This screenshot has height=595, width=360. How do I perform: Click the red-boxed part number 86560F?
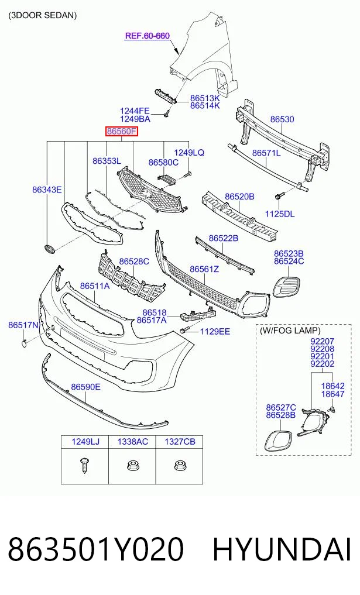(x=122, y=132)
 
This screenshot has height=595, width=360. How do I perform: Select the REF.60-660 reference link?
(x=148, y=36)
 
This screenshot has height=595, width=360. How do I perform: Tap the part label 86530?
(x=282, y=119)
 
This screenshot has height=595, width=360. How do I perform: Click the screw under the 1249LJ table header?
(x=84, y=465)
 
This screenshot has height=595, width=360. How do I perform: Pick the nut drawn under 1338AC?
(x=131, y=465)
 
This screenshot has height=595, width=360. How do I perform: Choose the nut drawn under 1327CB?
(x=179, y=465)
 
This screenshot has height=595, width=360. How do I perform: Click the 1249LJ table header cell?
(x=85, y=442)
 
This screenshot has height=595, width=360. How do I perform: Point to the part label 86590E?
(x=86, y=387)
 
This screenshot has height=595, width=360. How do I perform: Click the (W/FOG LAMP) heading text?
(x=290, y=331)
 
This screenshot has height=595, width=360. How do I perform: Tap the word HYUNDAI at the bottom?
(x=282, y=549)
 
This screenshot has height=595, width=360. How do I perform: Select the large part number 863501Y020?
(x=95, y=549)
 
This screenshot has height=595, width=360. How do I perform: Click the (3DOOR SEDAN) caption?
(x=43, y=15)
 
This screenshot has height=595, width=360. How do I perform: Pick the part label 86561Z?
(x=204, y=269)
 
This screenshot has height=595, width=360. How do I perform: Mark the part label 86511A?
(x=95, y=286)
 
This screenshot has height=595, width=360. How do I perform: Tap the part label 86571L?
(x=266, y=153)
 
